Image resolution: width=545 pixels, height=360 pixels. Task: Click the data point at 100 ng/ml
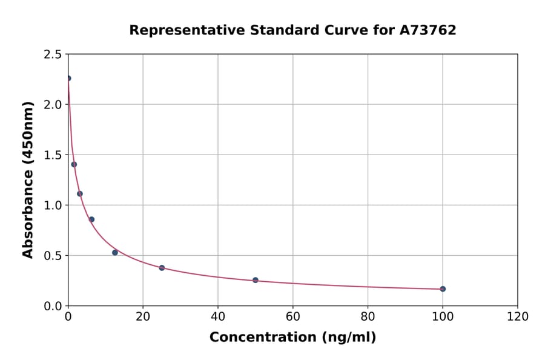(x=443, y=289)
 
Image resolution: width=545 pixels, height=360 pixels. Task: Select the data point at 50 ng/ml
(x=256, y=280)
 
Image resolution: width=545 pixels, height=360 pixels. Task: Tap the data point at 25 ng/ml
(x=162, y=268)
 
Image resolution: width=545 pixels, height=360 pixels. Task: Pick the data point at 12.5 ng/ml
(x=115, y=253)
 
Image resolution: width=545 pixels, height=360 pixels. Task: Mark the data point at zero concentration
(x=68, y=78)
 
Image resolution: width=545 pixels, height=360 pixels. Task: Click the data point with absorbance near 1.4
(x=74, y=164)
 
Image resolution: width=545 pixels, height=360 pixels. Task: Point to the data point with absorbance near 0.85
(x=91, y=219)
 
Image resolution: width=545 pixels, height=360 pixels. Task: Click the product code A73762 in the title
(x=428, y=30)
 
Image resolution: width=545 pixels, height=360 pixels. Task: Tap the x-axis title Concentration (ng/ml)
(x=292, y=338)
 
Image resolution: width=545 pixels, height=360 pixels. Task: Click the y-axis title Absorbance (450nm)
(x=28, y=179)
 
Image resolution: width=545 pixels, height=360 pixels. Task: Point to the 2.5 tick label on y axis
(x=53, y=55)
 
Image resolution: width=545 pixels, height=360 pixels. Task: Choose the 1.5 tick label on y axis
(x=53, y=155)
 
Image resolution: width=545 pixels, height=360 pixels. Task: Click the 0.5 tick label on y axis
(x=53, y=256)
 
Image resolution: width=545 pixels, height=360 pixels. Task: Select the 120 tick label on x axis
(x=518, y=317)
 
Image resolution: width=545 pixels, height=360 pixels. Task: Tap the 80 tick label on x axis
(x=368, y=317)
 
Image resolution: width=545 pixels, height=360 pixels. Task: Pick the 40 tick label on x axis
(x=218, y=317)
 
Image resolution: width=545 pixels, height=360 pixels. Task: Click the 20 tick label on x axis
(x=143, y=317)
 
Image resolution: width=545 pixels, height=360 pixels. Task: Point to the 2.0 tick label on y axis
(x=53, y=105)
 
